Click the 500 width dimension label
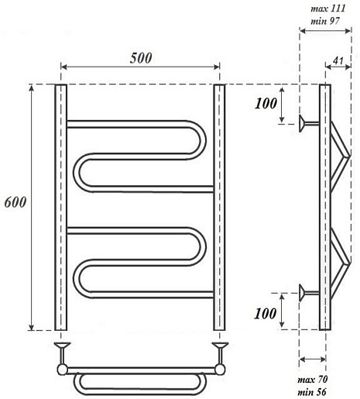click(x=141, y=58)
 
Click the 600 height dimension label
click(x=15, y=202)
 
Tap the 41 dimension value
click(x=338, y=61)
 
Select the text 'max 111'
click(x=328, y=9)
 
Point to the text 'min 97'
click(x=325, y=21)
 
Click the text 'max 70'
click(x=313, y=380)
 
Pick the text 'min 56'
click(x=312, y=392)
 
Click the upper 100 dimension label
click(x=266, y=104)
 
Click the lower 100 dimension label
click(x=266, y=314)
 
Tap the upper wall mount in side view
click(x=309, y=123)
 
